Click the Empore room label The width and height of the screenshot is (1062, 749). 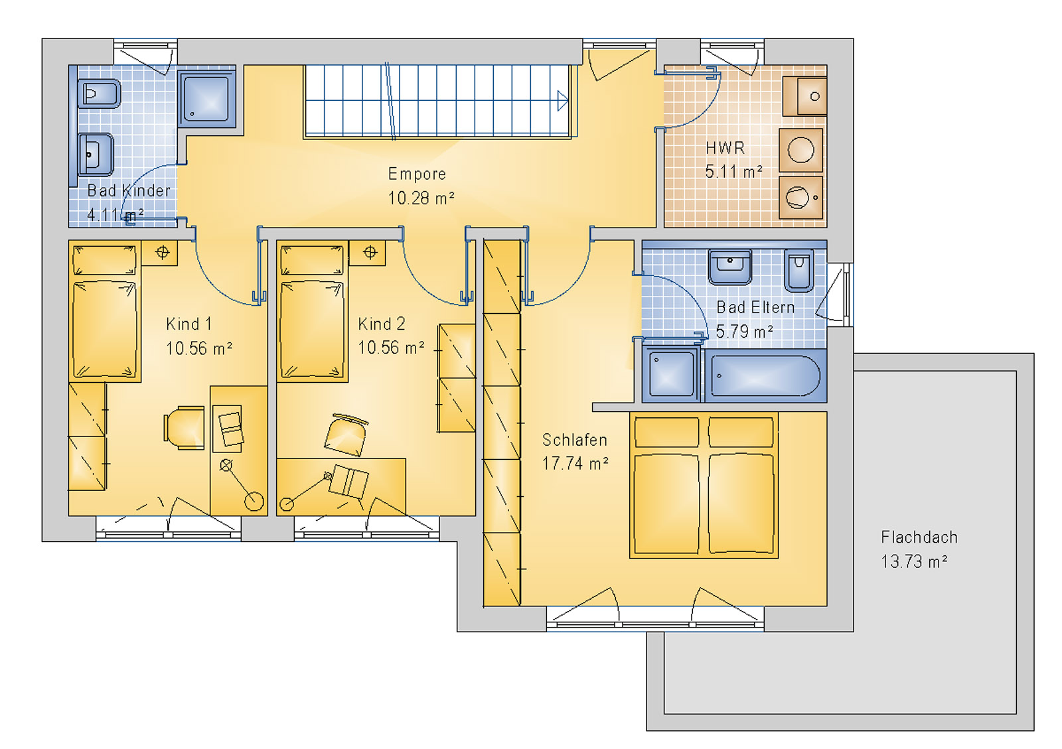pos(417,174)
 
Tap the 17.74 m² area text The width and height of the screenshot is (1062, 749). pos(575,464)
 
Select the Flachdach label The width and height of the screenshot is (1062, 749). pos(919,537)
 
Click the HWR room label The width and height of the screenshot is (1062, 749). pos(725,148)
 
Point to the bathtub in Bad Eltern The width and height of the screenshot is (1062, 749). pos(765,376)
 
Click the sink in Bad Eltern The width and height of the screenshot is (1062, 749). pos(729,266)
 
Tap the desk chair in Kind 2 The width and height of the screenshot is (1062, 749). pos(345,435)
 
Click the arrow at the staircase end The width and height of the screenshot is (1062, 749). pos(562,101)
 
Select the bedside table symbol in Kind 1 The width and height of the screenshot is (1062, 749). pos(161,253)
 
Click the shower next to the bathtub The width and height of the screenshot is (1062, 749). pos(670,375)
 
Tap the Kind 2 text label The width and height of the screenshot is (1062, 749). pos(381,324)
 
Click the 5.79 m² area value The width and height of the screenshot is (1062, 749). pos(744,332)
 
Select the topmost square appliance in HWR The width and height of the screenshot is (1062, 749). pos(804,96)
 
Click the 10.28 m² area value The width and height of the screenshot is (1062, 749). pos(421,198)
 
